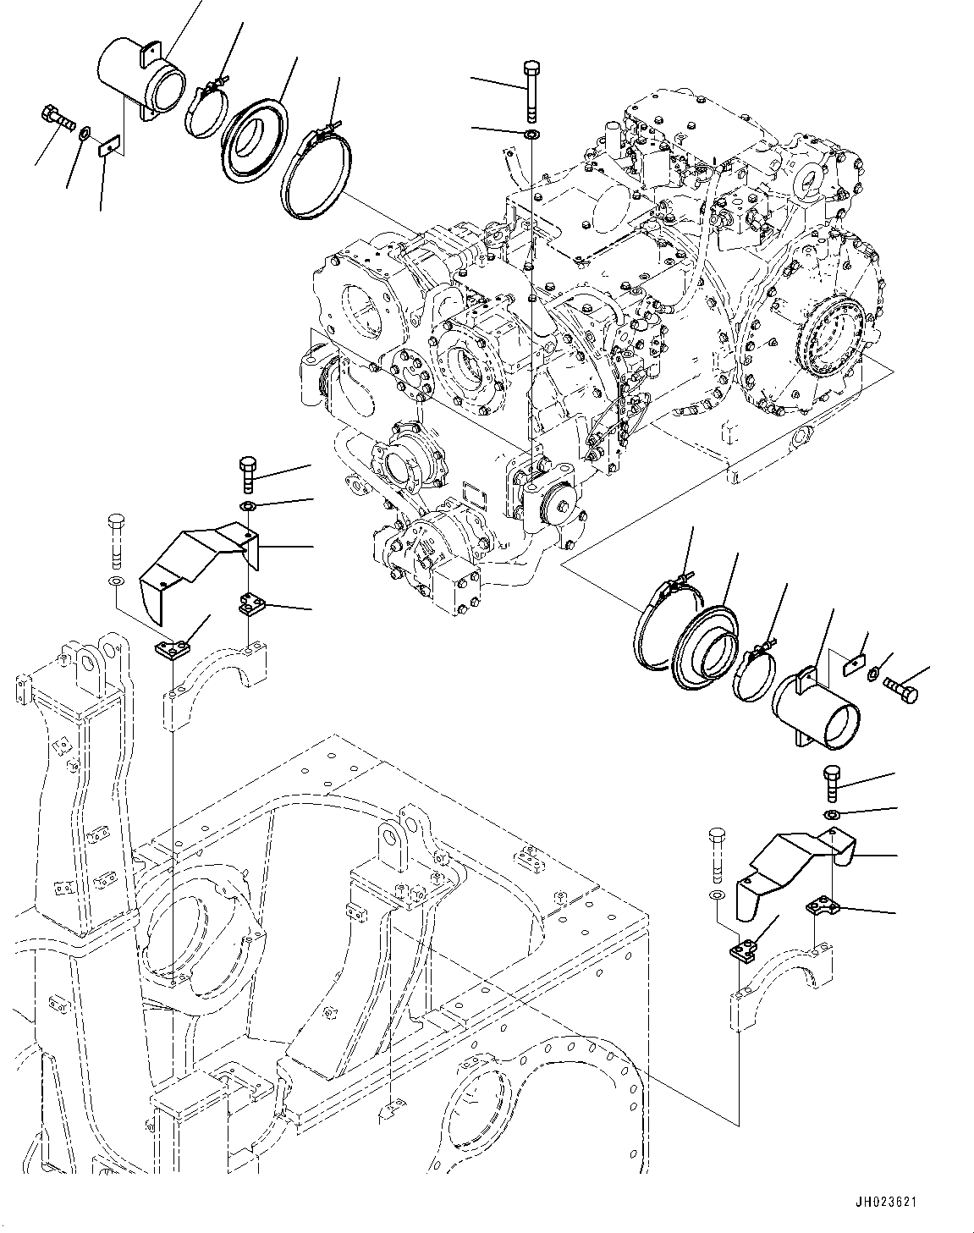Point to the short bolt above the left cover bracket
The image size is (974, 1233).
248,474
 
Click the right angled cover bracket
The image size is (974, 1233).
791,877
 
